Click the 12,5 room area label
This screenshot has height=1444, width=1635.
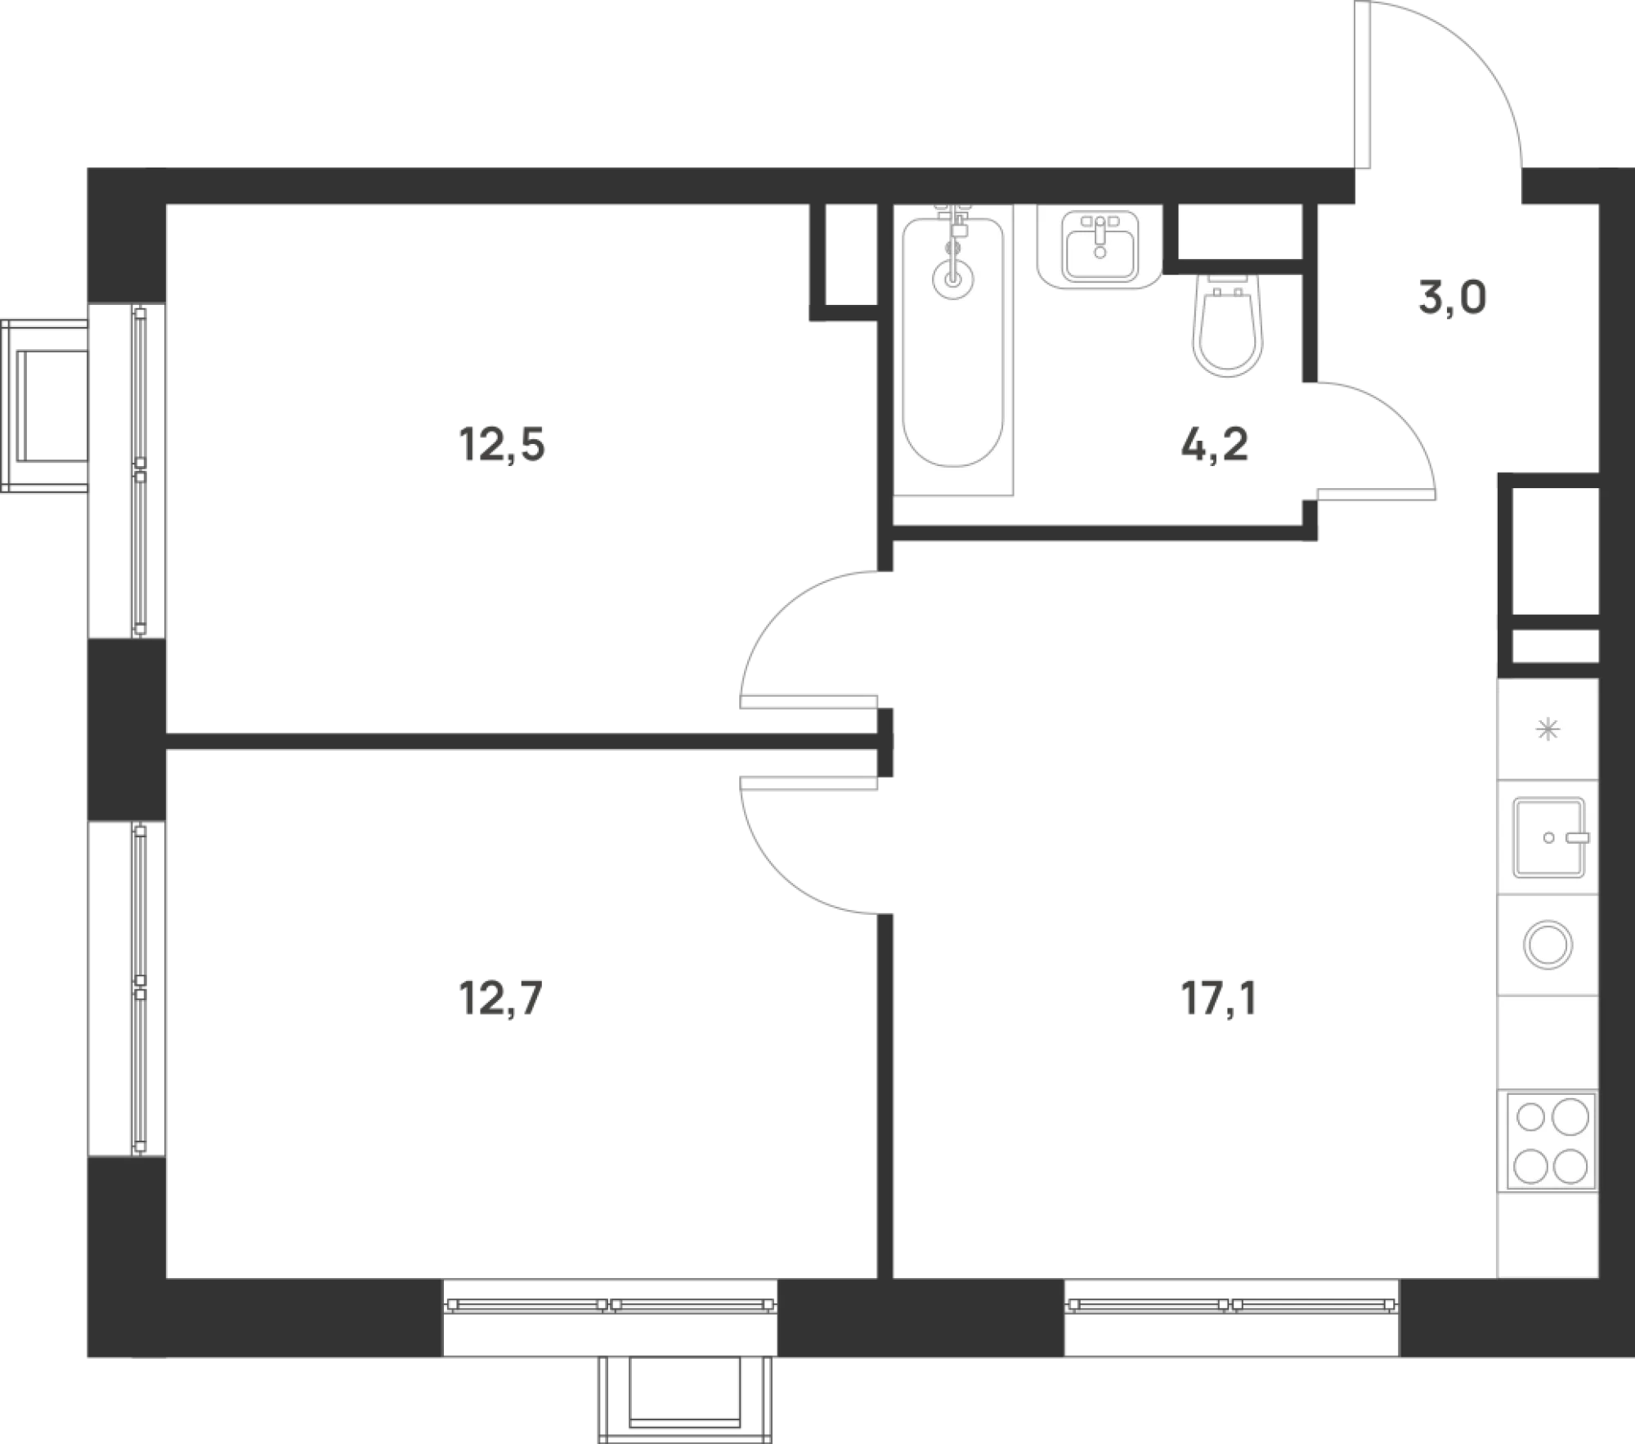coord(502,446)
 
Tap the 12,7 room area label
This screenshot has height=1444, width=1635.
coord(501,998)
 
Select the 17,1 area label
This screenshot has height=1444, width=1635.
coord(1218,998)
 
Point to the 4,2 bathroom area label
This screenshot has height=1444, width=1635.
coord(1215,446)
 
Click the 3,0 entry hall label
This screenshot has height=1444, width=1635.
coord(1453,298)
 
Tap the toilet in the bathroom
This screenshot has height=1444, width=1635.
coord(1228,325)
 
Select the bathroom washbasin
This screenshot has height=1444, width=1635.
coord(1100,246)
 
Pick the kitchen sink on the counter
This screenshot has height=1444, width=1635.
coord(1548,837)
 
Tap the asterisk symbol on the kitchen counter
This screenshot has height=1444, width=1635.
coord(1548,729)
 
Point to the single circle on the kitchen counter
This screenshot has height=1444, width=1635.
coord(1548,944)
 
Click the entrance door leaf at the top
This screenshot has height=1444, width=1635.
coord(1362,85)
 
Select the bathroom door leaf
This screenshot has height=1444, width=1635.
coord(1376,494)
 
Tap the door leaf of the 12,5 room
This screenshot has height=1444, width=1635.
coord(809,702)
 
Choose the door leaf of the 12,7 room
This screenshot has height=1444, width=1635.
coord(809,783)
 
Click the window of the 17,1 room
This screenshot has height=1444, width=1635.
coord(1231,1305)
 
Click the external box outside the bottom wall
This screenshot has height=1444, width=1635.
coord(685,1399)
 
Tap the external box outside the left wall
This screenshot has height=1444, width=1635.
coord(45,406)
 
